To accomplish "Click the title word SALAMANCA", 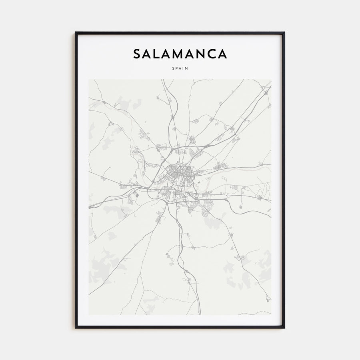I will click(180, 54).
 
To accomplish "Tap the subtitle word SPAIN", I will click(180, 68).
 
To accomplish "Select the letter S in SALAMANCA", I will click(137, 54).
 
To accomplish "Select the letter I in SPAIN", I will click(184, 68).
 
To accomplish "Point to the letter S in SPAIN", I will click(173, 68).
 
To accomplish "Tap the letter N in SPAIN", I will click(187, 68).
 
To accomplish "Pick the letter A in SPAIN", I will click(180, 68).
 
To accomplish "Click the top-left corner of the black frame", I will click(76, 32).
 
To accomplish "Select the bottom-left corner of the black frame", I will click(76, 328).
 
